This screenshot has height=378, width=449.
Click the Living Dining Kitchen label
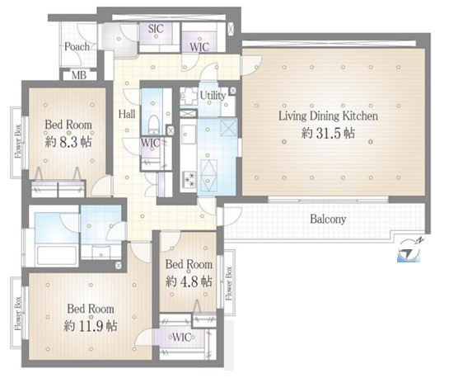point(328,116)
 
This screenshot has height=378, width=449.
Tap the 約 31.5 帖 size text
point(328,134)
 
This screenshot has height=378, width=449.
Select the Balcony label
point(328,220)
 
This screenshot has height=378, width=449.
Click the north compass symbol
point(409,250)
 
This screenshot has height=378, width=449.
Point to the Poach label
point(77,46)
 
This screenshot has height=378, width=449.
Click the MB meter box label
point(79,75)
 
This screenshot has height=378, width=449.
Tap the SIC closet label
point(156,29)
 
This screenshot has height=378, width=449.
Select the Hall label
point(127,115)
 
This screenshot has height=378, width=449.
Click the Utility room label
point(213,96)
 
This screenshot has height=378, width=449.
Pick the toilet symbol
point(154,125)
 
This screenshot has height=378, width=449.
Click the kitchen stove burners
point(189,180)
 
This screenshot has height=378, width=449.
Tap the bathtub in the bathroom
point(57,255)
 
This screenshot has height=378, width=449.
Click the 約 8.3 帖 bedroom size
point(68,142)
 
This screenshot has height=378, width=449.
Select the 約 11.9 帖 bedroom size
point(91,326)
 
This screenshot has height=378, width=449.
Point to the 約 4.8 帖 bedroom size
point(189,281)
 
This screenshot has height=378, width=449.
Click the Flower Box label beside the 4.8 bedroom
point(229,283)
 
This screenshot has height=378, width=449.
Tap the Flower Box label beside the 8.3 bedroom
point(18,141)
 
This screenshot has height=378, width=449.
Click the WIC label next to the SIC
point(199,47)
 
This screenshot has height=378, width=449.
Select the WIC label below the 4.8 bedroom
point(181,337)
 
